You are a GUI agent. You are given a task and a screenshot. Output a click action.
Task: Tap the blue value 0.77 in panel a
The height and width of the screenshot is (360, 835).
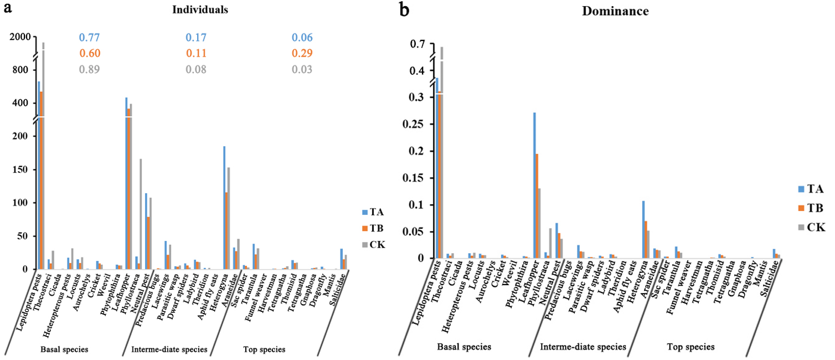click(89, 38)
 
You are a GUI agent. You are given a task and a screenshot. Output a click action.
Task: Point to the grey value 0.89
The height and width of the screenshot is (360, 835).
click(89, 69)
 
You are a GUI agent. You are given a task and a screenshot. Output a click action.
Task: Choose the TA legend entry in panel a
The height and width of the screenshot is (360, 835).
click(374, 212)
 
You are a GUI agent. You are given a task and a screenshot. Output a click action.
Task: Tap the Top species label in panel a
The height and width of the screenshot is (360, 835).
click(264, 349)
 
